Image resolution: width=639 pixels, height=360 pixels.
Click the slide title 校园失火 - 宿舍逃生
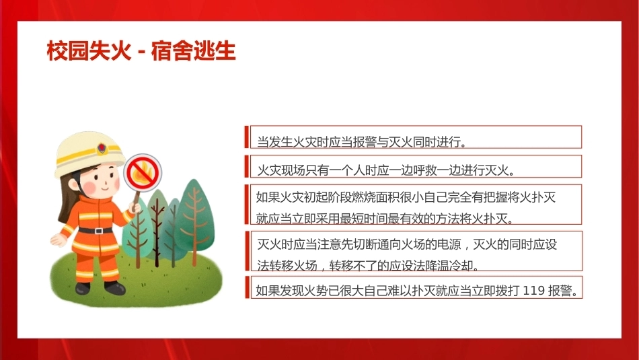(141, 51)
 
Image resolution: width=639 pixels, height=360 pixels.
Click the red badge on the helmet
(102, 148)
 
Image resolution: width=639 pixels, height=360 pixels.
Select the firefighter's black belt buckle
(98, 231)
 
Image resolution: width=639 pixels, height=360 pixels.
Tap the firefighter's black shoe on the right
(114, 287)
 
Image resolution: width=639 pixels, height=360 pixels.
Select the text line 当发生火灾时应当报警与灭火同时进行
(361, 142)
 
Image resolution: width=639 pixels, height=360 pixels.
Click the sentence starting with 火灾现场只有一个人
(385, 170)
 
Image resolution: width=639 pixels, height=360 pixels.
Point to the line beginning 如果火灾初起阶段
(406, 197)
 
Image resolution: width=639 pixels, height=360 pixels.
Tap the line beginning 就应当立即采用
(384, 219)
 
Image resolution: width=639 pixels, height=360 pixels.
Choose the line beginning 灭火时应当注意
(407, 245)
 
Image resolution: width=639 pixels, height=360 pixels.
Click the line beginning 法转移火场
(368, 266)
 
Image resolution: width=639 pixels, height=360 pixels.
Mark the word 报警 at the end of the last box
(560, 290)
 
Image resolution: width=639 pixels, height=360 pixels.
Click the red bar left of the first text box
(247, 137)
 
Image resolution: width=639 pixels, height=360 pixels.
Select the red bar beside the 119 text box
(247, 287)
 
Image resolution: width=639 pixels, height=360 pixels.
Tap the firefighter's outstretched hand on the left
(57, 240)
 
